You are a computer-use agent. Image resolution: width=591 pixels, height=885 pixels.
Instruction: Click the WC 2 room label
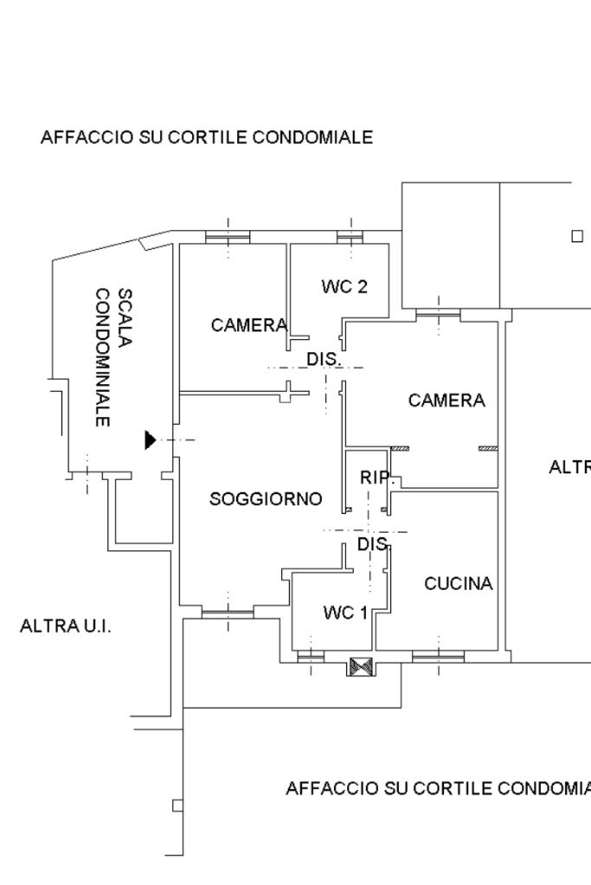(344, 286)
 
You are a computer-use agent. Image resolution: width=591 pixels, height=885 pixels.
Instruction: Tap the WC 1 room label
(345, 612)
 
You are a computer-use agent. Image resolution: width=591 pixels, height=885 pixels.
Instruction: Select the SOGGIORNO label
(266, 499)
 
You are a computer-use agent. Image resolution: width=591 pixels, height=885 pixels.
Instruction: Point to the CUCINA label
(459, 584)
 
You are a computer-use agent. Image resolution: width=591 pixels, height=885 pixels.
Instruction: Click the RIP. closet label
(376, 477)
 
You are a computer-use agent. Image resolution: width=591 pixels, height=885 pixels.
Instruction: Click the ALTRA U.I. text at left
(66, 625)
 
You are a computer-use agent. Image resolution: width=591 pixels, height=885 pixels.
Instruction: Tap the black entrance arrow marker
(151, 440)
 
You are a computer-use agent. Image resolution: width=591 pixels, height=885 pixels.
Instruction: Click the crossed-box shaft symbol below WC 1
(360, 667)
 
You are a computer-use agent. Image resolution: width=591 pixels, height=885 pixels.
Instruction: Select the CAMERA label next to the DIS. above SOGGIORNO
(248, 325)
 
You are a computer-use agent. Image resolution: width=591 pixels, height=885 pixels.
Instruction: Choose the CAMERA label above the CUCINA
(446, 401)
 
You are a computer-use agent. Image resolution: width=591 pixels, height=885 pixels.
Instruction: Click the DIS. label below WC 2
(324, 358)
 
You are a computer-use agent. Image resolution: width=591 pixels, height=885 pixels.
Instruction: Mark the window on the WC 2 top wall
(350, 236)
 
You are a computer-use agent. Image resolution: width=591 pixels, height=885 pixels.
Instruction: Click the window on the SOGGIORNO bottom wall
(228, 613)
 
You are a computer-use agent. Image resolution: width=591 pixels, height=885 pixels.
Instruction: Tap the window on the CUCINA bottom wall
(438, 657)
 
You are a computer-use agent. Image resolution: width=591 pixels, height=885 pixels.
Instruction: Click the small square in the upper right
(577, 235)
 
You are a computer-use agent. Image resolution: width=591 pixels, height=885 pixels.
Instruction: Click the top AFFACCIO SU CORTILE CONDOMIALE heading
(207, 138)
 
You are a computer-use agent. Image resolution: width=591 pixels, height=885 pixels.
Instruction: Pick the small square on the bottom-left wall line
(177, 805)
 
